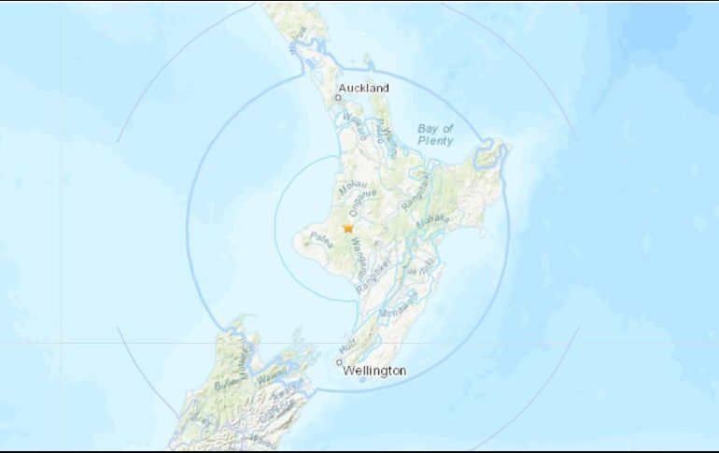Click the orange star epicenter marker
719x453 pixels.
point(348,227)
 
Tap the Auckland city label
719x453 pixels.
point(364,89)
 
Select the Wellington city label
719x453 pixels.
point(374,371)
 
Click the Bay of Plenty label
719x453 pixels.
point(435,134)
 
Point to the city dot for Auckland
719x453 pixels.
point(339,96)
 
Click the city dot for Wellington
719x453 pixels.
point(339,361)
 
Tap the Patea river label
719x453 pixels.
point(322,237)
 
